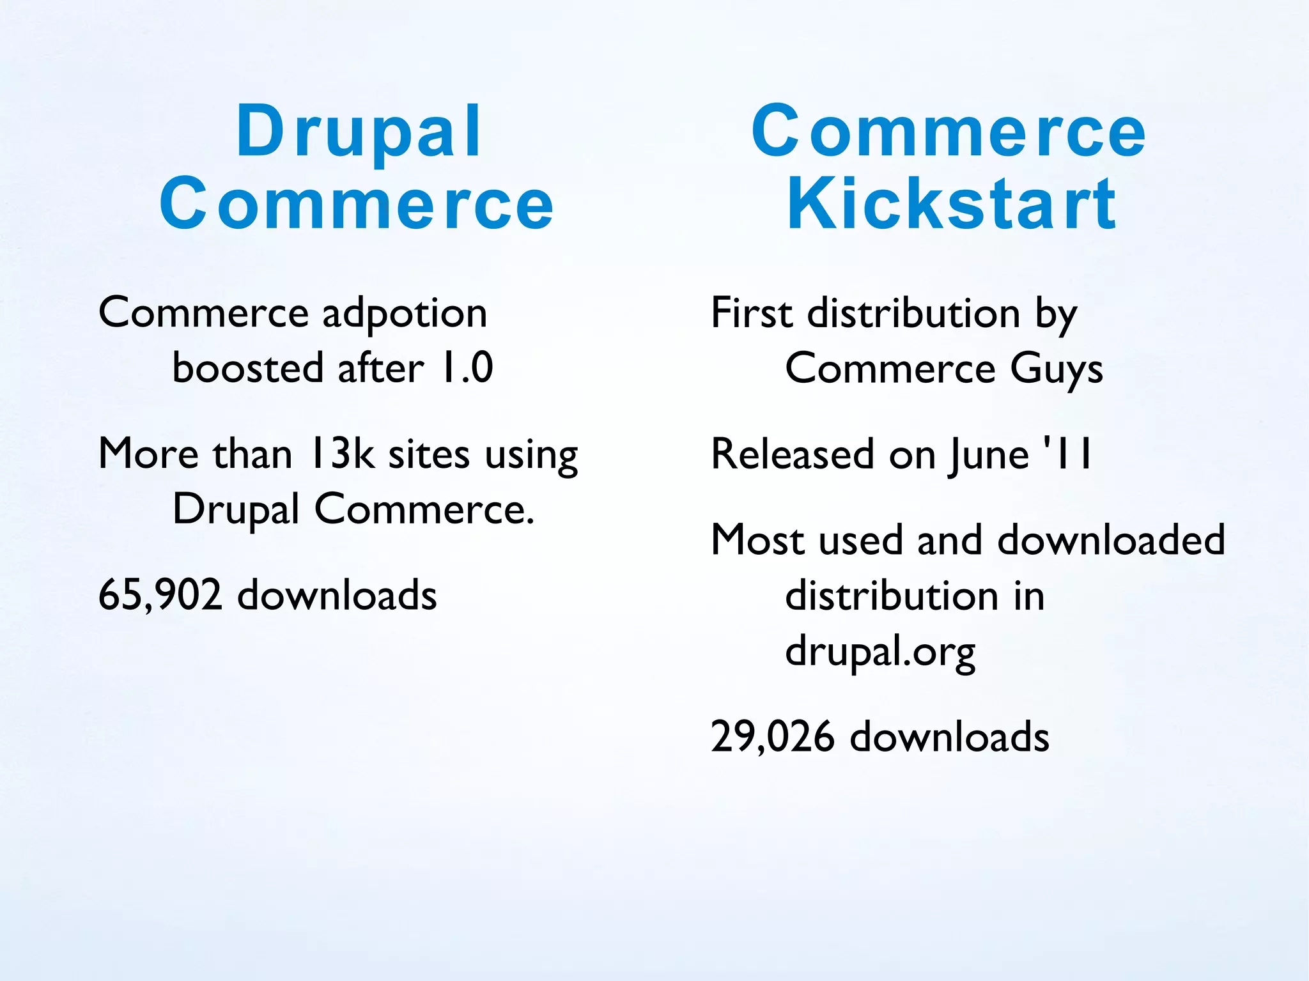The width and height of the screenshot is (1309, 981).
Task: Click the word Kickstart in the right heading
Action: pyautogui.click(x=952, y=205)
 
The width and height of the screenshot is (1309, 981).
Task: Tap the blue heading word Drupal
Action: pyautogui.click(x=359, y=133)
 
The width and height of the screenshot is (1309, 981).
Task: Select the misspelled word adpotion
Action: pyautogui.click(x=404, y=313)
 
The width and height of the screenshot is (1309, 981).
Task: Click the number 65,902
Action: pyautogui.click(x=160, y=595)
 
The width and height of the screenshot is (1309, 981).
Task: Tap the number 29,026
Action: pyautogui.click(x=772, y=736)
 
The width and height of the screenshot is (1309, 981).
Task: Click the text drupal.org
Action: pyautogui.click(x=880, y=652)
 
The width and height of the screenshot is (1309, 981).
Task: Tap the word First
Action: pyautogui.click(x=752, y=313)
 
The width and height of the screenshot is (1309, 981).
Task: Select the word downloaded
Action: pyautogui.click(x=1111, y=540)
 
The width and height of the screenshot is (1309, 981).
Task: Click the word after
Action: pyautogui.click(x=380, y=369)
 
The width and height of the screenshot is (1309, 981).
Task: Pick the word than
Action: pyautogui.click(x=252, y=454)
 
